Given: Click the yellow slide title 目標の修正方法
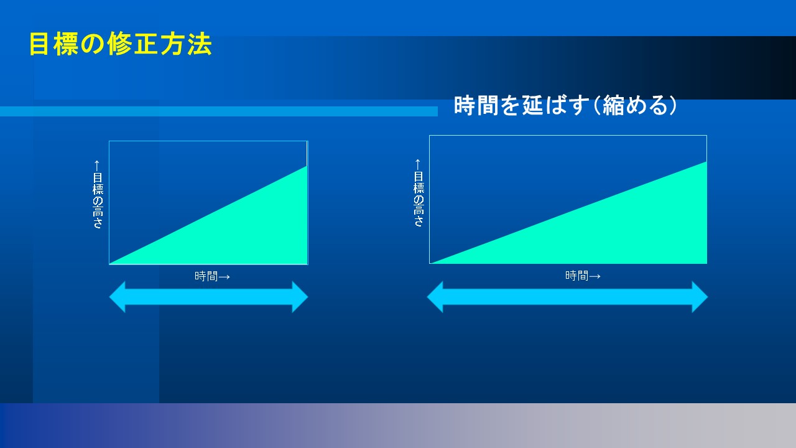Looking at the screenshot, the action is (121, 44).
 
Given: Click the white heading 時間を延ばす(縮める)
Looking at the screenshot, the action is (565, 106).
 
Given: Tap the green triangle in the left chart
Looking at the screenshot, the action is (242, 231).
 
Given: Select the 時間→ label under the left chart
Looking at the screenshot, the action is (212, 276).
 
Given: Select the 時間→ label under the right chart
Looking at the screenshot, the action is (583, 276).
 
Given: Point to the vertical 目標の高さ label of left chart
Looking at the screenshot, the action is (98, 194).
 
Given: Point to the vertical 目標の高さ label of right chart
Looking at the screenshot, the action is (419, 193).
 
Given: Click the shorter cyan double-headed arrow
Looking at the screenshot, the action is (208, 297).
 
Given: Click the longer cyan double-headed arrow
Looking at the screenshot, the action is (567, 297).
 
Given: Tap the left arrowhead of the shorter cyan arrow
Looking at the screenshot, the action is (118, 297).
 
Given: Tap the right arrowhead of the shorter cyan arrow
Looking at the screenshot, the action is (300, 297).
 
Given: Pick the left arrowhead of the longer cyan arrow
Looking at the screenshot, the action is (435, 297).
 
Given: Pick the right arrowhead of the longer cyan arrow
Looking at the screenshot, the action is (700, 297).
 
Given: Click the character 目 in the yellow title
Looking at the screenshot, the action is (39, 44).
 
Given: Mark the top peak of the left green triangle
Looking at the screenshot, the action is (307, 166).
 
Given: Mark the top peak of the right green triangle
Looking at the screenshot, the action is (706, 162).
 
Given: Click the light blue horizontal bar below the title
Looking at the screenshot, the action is (219, 111).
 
